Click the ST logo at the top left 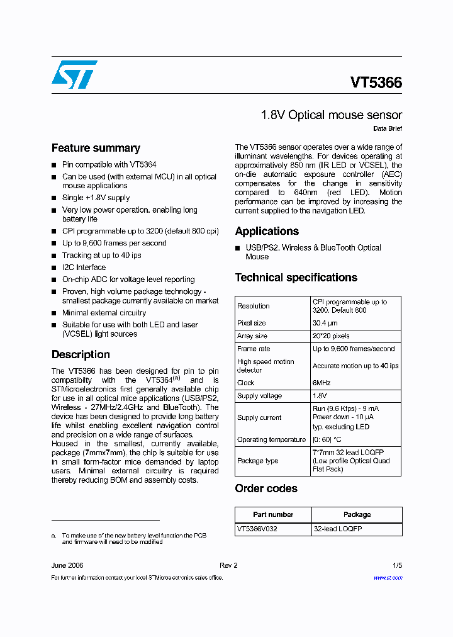tap(74, 74)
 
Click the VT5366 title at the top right tap(376, 82)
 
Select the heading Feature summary tap(96, 148)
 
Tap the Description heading tap(81, 354)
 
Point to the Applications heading tap(267, 231)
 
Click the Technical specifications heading tap(296, 278)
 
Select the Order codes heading tap(266, 488)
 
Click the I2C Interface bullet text tap(84, 268)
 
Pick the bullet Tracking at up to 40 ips tap(101, 256)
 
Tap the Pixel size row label tap(252, 323)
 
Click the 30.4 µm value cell tap(325, 323)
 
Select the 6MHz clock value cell tap(322, 383)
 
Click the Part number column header tap(273, 514)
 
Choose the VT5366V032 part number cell tap(257, 529)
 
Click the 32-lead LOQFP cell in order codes tap(338, 529)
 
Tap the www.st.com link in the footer tap(388, 577)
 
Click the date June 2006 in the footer tap(67, 565)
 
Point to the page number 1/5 tap(397, 565)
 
